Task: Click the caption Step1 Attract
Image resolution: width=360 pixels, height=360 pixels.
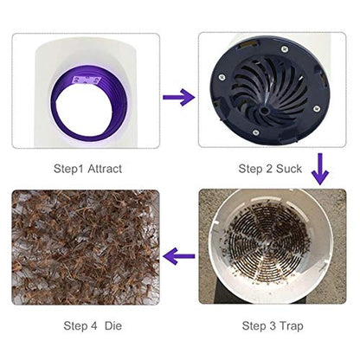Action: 89,170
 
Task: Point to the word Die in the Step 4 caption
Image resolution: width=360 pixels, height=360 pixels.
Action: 113,326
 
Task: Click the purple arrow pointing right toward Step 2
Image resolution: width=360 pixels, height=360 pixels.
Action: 179,97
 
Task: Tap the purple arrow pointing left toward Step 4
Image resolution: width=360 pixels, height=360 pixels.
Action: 179,254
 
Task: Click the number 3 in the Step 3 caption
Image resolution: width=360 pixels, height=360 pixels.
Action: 273,326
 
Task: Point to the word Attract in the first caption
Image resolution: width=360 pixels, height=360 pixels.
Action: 105,170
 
